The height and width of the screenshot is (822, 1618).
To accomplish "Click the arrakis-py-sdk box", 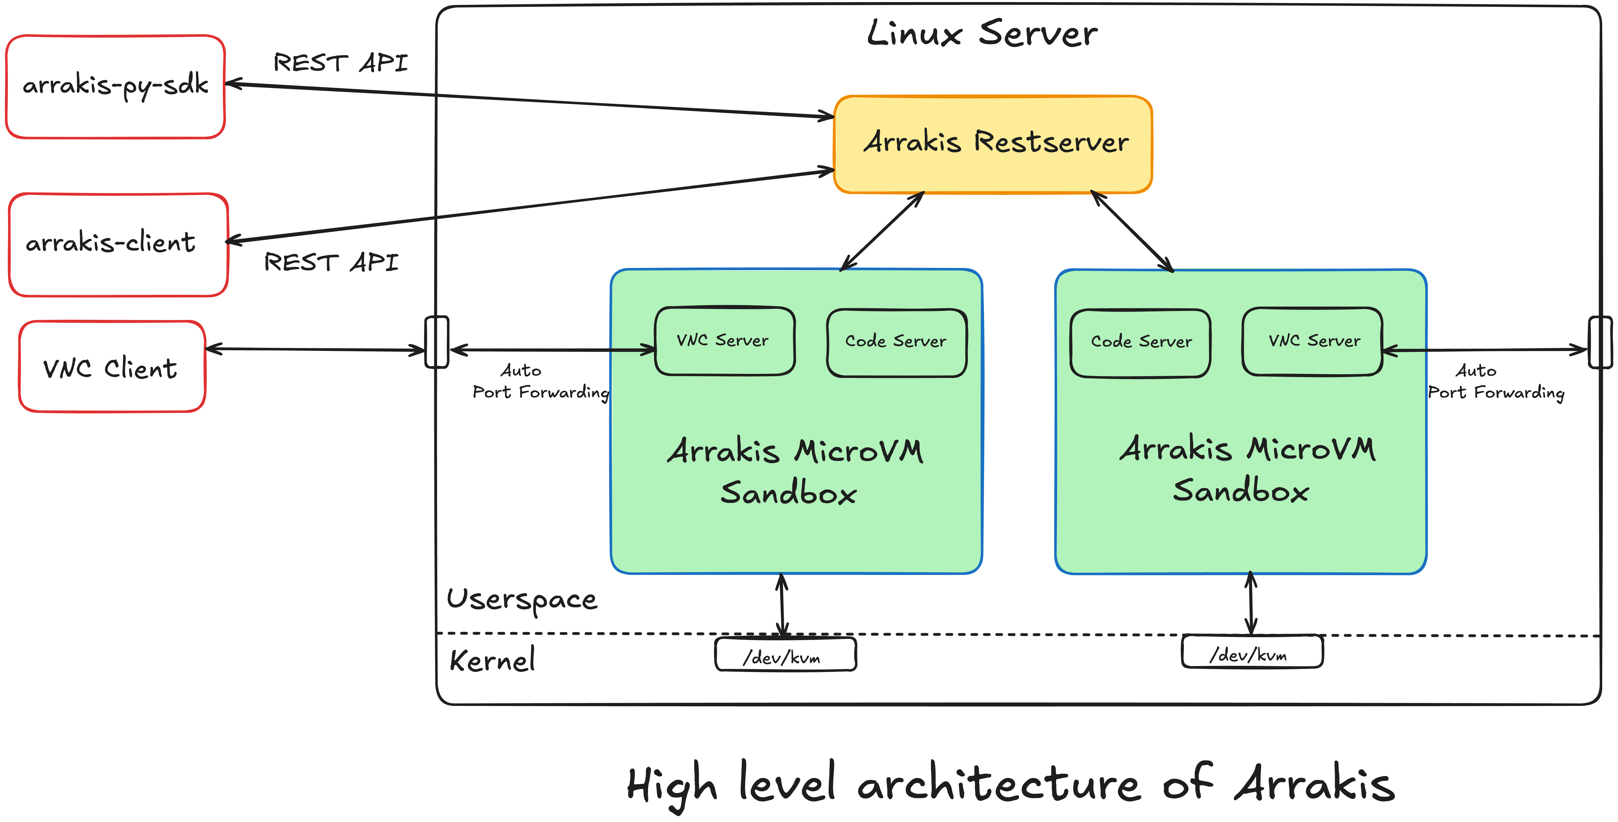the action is coord(116,87).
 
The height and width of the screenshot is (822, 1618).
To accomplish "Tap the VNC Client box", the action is coord(112,367).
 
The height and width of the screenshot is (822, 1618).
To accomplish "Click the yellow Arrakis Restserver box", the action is coord(992,144).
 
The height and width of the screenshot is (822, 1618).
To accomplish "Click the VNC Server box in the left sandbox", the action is coord(725,341).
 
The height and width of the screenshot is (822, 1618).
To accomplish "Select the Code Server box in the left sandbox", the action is coord(897,343).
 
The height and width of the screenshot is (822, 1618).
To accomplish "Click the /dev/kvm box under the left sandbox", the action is coord(785,654).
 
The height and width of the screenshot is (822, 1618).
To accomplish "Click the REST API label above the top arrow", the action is coord(340,63).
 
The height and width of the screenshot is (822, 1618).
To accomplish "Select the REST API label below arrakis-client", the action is coord(331,262).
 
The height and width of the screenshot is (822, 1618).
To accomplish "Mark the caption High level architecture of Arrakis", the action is coord(1011,785).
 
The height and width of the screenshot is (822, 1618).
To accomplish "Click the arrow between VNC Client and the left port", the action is coord(315,349).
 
